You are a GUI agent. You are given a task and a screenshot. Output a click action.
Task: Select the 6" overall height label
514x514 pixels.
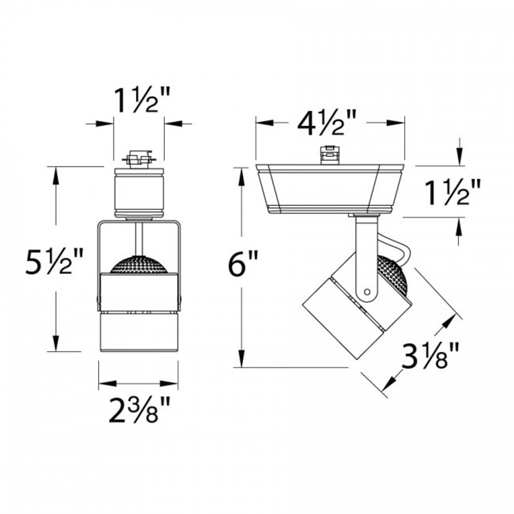[x=242, y=263]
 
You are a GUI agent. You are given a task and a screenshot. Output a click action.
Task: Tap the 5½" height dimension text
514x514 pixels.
[x=54, y=261]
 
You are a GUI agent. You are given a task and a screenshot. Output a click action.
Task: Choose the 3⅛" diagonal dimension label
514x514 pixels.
[x=430, y=355]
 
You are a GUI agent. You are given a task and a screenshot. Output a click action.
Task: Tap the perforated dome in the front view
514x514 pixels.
[x=138, y=265]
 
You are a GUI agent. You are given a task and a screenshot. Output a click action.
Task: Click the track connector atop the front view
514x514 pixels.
[x=139, y=158]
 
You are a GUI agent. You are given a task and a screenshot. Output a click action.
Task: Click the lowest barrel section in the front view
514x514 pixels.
[x=139, y=332]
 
